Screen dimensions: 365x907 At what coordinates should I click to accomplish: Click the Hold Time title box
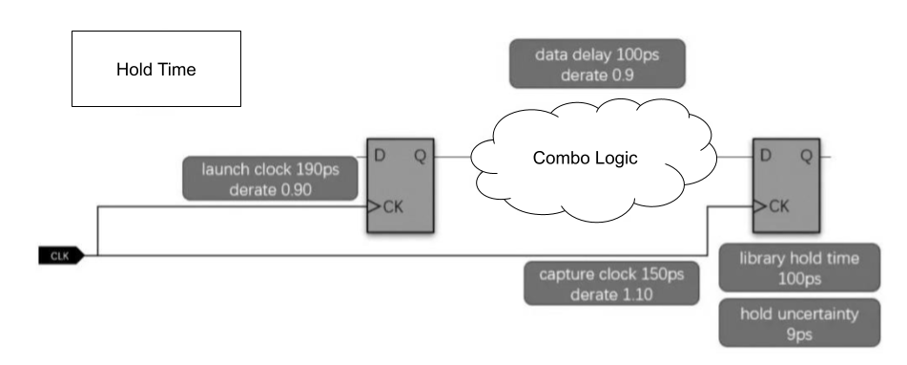(x=156, y=69)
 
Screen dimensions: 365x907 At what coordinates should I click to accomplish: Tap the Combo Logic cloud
(x=584, y=159)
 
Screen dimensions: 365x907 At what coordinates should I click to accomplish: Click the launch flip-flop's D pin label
(x=380, y=154)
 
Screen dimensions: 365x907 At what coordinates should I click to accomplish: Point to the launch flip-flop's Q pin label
(x=421, y=154)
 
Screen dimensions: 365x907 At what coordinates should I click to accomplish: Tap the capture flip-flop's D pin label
(x=765, y=154)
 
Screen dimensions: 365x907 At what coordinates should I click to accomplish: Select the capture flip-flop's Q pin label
(x=806, y=154)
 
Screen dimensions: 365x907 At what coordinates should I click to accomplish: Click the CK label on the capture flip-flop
(x=778, y=205)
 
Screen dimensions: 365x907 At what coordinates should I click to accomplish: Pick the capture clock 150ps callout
(x=610, y=284)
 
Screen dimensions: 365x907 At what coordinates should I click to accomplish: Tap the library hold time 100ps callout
(x=800, y=268)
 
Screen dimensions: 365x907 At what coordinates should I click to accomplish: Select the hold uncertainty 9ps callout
(x=800, y=323)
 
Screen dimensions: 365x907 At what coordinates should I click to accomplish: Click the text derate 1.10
(x=610, y=294)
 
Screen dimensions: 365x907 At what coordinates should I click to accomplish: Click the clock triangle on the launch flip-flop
(x=374, y=204)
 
